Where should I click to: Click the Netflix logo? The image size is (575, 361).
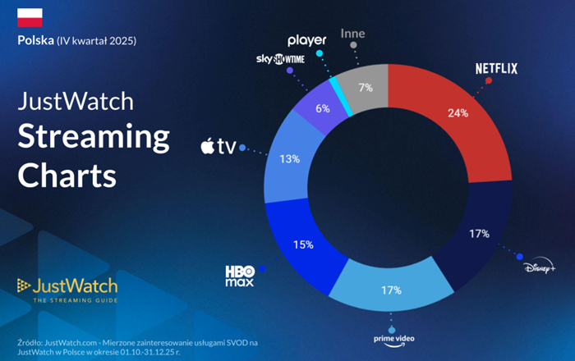tap(496, 69)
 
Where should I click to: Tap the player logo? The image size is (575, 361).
tap(308, 39)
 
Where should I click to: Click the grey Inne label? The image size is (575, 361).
tap(352, 35)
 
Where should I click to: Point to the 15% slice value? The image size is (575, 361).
tap(304, 244)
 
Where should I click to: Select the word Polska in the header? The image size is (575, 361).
tap(35, 40)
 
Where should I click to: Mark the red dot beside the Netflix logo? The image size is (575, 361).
tap(488, 81)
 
